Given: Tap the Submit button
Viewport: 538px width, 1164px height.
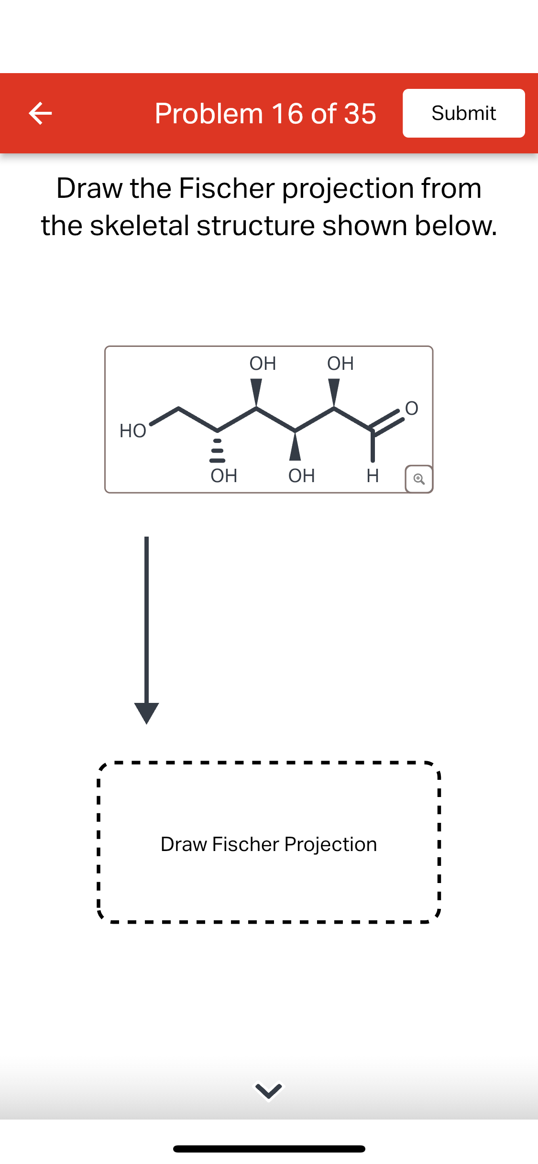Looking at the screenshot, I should [x=463, y=113].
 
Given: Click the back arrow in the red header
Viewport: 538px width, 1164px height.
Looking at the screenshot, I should [x=40, y=114].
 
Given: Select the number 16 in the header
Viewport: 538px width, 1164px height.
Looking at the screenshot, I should [x=287, y=114].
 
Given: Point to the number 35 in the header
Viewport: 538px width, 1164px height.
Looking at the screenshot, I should [x=360, y=114].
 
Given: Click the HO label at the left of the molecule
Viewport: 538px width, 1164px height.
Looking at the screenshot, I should [x=132, y=431].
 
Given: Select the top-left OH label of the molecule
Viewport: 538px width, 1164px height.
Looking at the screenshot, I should [x=263, y=364].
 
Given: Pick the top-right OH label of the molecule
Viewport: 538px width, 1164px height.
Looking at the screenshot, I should [x=340, y=364].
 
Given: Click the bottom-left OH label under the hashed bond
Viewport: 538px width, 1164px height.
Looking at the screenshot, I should [x=224, y=475].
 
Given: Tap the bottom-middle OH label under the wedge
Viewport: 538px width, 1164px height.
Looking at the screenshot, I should [x=301, y=475].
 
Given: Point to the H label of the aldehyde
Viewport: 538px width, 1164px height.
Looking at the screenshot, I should [x=373, y=475].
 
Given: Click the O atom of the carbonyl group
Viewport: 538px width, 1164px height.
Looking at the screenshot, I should [x=411, y=409].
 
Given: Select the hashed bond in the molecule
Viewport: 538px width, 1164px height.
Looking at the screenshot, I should [x=218, y=450].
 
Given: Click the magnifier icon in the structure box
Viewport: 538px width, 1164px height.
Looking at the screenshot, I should [x=419, y=479].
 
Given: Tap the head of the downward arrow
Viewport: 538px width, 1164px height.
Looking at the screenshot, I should [x=146, y=712].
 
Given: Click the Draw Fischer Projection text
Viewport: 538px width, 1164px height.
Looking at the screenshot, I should [x=269, y=844].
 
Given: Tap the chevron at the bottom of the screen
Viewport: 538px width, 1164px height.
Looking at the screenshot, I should [x=269, y=1091].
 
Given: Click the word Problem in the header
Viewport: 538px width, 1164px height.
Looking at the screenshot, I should [x=209, y=114].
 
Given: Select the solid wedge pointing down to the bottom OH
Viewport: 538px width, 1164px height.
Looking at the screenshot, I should [x=295, y=447].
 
